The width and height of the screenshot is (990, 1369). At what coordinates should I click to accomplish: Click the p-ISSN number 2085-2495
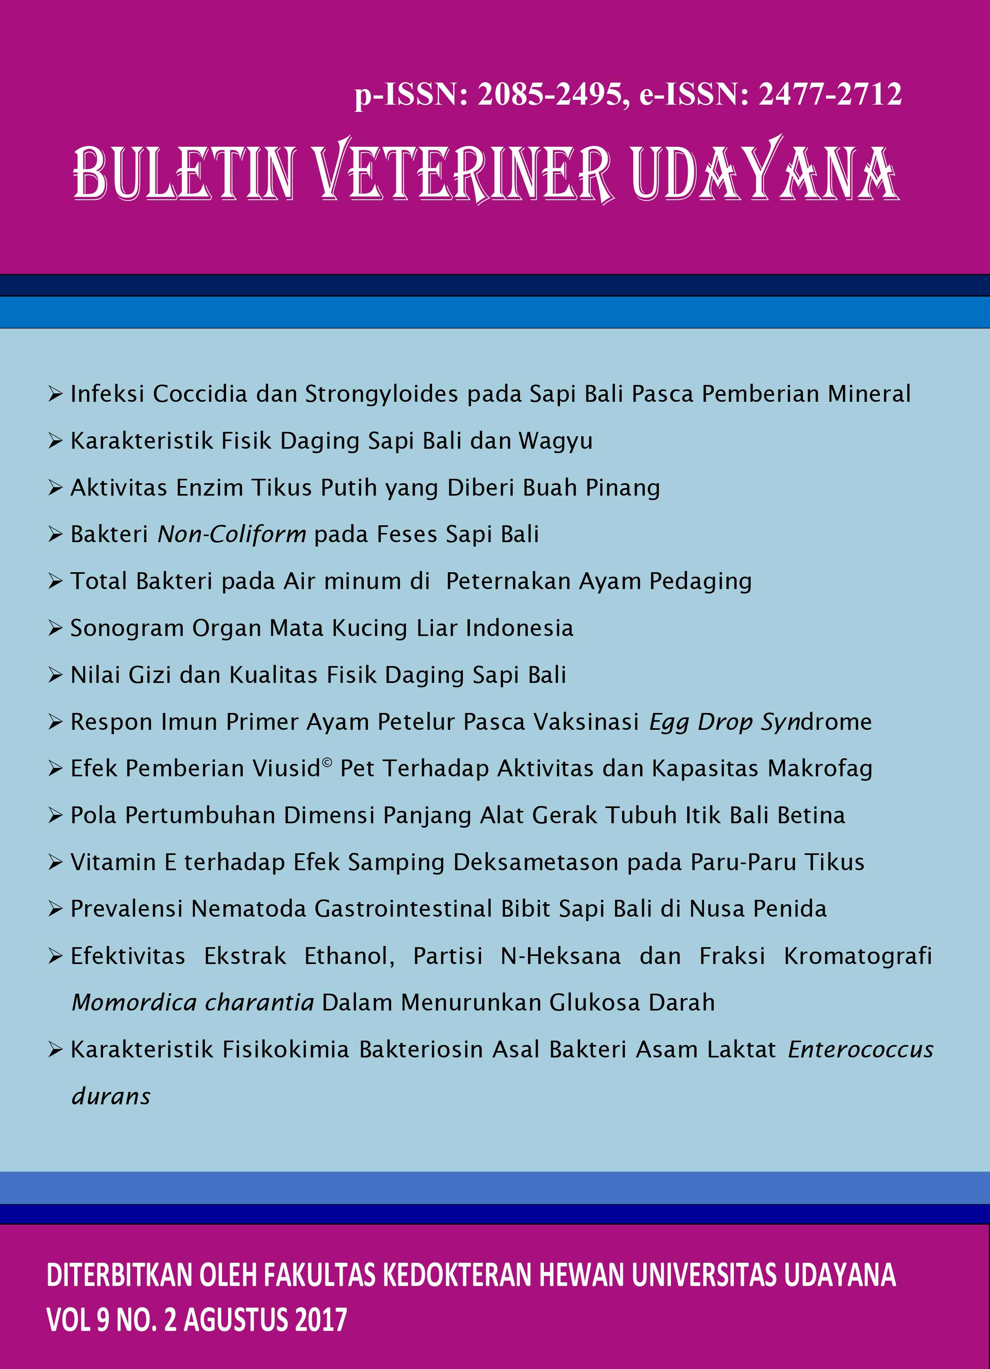tap(550, 95)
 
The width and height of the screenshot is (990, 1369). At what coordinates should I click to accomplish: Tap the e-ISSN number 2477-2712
tap(830, 95)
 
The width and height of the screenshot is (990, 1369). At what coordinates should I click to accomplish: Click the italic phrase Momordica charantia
tap(192, 1002)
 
